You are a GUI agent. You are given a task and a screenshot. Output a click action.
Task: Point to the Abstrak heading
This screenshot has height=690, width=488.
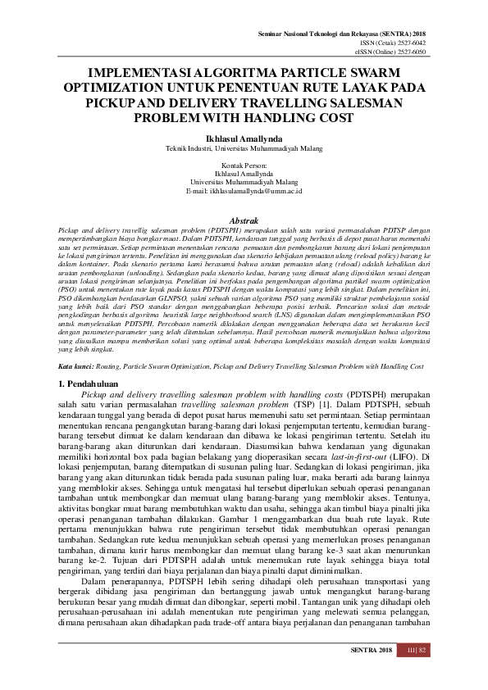point(244,221)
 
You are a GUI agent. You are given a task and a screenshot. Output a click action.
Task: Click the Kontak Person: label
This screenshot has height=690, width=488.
point(244,166)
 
